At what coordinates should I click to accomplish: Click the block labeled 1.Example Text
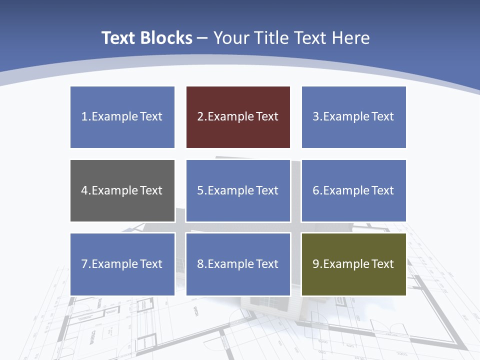point(122,117)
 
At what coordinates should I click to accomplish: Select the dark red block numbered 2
point(238,117)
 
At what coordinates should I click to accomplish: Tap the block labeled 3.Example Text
point(353,117)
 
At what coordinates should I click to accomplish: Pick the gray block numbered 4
point(122,190)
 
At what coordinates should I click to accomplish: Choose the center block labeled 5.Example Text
point(238,190)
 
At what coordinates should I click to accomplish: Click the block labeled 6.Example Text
point(353,190)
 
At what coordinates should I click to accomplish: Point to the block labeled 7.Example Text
point(122,264)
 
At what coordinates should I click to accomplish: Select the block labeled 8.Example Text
point(238,264)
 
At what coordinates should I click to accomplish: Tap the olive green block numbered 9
point(353,264)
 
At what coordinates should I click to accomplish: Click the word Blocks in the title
point(166,38)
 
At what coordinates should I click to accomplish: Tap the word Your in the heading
point(230,38)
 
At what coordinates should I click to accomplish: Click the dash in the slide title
point(202,38)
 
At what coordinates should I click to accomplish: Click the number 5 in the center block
point(200,190)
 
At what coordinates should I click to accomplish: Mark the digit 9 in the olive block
point(316,264)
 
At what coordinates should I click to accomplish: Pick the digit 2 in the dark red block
point(200,117)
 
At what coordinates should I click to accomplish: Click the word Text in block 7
point(151,264)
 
